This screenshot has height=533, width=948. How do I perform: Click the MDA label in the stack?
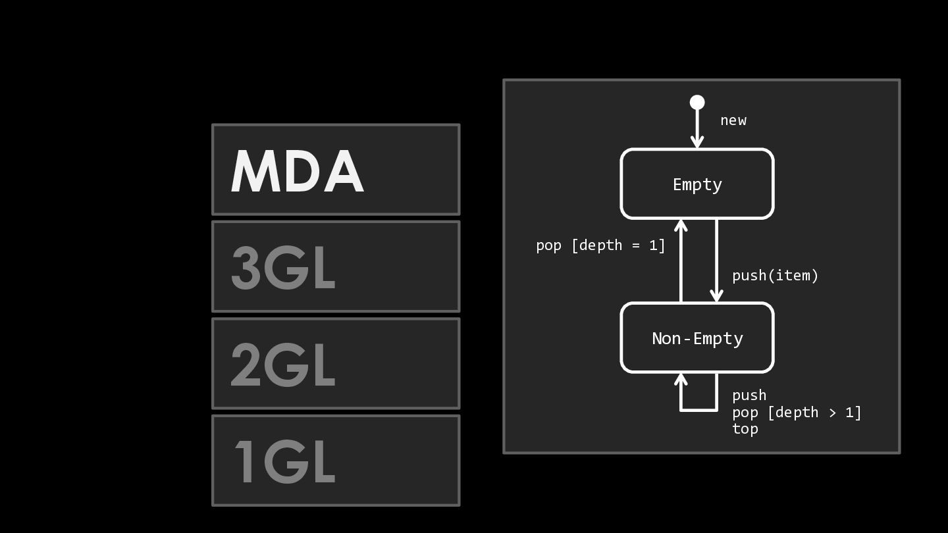coord(297,171)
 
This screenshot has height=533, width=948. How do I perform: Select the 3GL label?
coord(283,268)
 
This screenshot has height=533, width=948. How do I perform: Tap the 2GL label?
coord(283,365)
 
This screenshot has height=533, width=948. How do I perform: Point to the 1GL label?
coord(285,461)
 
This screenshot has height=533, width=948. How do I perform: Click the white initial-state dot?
coord(697,103)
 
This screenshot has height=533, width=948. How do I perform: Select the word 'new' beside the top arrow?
coord(733,120)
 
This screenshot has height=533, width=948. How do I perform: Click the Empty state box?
coord(697,184)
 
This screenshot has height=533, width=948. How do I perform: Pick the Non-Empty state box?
coord(697,338)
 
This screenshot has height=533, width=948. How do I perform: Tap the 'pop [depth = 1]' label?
coord(600,245)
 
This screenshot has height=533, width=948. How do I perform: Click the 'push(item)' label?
coord(776,276)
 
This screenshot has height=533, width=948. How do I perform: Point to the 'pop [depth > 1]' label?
coord(797,412)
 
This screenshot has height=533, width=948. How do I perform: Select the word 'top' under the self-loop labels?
coord(745,429)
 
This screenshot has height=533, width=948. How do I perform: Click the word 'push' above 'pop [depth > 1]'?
coord(749,395)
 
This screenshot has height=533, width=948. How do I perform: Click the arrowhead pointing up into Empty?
coord(681,226)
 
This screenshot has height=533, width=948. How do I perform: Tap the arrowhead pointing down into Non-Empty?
coord(716,295)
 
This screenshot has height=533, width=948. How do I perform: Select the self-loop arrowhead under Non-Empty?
coord(681,380)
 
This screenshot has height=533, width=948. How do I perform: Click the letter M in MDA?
coord(255,171)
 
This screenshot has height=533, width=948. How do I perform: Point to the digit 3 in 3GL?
coord(246,268)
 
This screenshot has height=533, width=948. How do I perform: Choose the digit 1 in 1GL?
coord(244,461)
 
